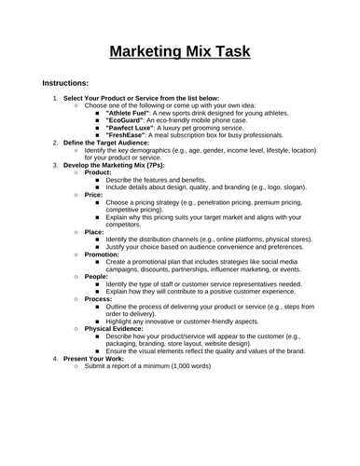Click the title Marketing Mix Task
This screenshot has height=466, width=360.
pyautogui.click(x=180, y=49)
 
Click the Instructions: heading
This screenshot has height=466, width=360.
pyautogui.click(x=59, y=82)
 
